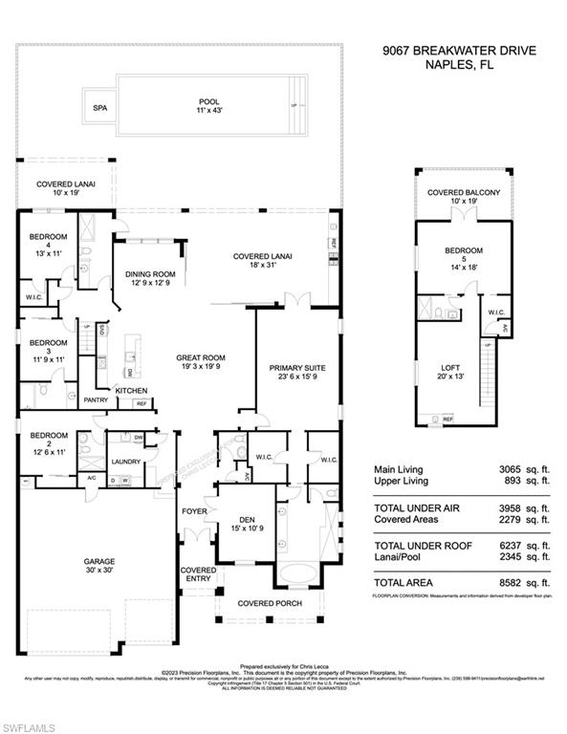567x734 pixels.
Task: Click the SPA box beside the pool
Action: [99, 108]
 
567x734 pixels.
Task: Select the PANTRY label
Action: [96, 399]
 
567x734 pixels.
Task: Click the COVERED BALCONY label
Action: [464, 193]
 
